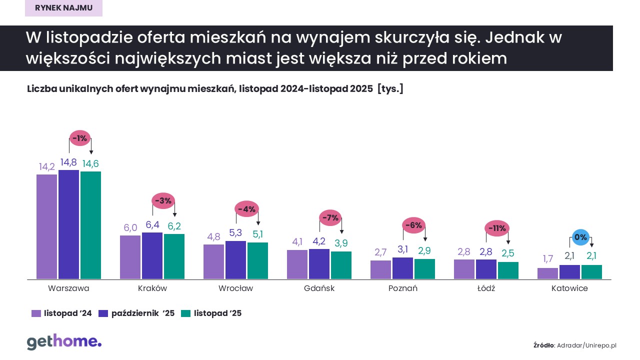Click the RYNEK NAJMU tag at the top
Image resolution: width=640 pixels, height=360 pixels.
[x=63, y=8]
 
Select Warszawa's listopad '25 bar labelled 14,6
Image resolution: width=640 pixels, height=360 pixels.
[x=90, y=225]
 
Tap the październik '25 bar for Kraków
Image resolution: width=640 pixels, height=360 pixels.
[x=152, y=255]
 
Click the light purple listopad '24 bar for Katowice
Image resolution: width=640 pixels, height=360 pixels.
[x=547, y=273]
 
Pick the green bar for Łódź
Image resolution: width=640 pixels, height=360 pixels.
[x=507, y=270]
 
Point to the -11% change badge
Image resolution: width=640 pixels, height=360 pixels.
[x=496, y=228]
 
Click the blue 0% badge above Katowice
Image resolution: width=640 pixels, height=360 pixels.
[x=580, y=237]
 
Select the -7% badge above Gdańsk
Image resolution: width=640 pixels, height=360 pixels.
[x=330, y=217]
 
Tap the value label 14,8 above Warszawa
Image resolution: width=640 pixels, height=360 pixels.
[x=68, y=162]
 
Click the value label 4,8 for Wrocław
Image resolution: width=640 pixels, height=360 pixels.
[x=213, y=237]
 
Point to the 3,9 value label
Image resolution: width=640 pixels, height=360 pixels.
[x=341, y=243]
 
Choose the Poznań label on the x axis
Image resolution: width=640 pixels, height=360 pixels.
[x=402, y=288]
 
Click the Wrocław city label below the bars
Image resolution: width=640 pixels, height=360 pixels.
[x=235, y=288]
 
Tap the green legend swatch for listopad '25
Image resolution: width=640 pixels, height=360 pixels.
[x=185, y=313]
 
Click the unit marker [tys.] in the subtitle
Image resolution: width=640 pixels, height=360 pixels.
[x=390, y=89]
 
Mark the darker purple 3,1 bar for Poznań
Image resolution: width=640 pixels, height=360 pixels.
[x=402, y=268]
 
